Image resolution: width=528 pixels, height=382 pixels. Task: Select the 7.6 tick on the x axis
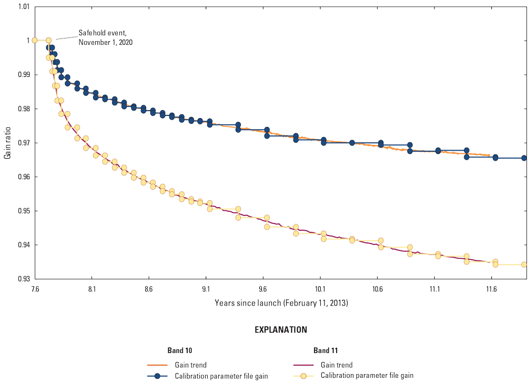pos(35,288)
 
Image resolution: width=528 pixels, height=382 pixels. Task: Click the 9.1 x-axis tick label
pos(206,288)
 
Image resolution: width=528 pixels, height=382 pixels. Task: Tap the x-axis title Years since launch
pos(281,303)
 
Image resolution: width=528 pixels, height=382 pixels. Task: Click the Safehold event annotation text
pos(105,37)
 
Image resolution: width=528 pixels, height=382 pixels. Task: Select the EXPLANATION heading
pos(281,330)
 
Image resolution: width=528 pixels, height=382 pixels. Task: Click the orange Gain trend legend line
pos(157,365)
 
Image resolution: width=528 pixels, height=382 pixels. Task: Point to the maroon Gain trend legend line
pos(303,365)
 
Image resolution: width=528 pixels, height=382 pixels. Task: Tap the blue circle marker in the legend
pos(157,376)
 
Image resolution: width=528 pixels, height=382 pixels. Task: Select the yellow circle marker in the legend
pos(303,376)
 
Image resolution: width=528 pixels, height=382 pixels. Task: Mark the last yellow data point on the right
pos(524,265)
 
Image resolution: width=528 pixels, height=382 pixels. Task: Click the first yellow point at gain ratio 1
pos(35,40)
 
